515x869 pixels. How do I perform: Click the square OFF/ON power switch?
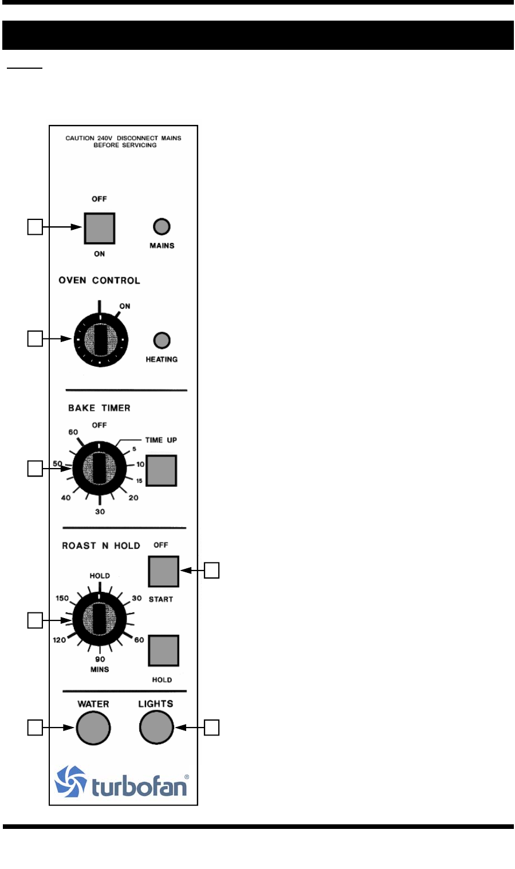100,228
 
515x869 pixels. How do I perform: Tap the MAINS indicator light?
162,227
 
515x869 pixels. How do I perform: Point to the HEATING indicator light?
162,341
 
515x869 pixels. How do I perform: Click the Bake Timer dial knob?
100,469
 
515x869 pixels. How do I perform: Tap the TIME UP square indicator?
162,470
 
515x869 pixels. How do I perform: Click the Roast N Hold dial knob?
100,619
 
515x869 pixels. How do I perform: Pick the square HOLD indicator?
164,651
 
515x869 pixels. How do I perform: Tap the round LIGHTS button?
156,728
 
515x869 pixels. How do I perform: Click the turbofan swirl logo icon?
70,781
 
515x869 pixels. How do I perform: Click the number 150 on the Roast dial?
62,598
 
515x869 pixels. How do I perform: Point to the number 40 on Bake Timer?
66,498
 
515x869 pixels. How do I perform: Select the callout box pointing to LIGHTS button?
211,728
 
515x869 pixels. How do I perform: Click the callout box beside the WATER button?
35,728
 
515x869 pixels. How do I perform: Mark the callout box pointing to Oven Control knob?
35,339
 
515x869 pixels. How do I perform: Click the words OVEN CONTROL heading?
99,280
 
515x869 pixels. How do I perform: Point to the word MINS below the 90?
100,669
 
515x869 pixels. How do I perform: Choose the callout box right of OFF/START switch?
211,571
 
